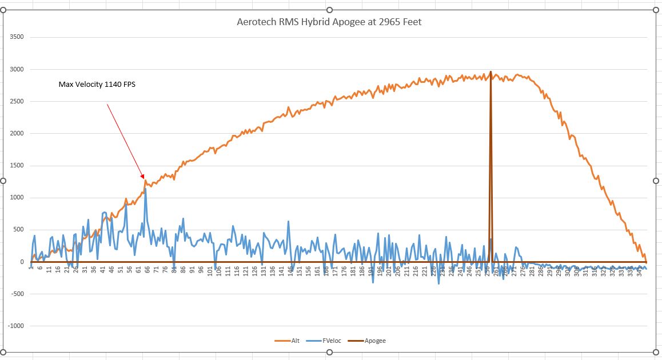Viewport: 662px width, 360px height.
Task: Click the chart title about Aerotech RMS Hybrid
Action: [329, 22]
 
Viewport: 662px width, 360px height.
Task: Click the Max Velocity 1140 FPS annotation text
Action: [97, 84]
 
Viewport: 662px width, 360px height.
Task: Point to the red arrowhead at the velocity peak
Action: [142, 177]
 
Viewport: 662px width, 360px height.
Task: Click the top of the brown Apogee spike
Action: [490, 72]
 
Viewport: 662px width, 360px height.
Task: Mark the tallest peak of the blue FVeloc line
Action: [145, 189]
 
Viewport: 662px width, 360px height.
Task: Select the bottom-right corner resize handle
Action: [655, 351]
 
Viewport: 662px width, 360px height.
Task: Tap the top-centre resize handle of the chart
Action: [329, 10]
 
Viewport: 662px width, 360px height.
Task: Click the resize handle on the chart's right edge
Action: [655, 181]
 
